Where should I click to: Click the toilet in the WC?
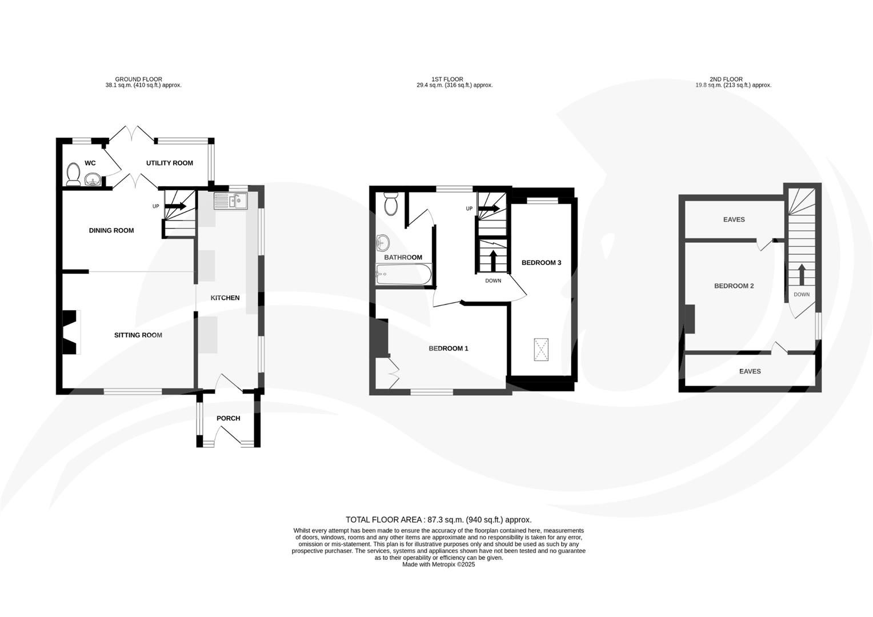pyautogui.click(x=73, y=174)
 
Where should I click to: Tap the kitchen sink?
pyautogui.click(x=230, y=201)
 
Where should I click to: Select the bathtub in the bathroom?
pyautogui.click(x=403, y=275)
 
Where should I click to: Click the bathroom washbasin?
pyautogui.click(x=382, y=243)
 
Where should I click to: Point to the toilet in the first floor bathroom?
pyautogui.click(x=391, y=204)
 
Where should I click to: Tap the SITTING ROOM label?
pyautogui.click(x=138, y=335)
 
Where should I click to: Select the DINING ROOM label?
pyautogui.click(x=111, y=231)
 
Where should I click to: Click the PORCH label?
pyautogui.click(x=228, y=418)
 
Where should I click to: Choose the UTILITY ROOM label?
pyautogui.click(x=170, y=163)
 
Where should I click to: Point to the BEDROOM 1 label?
pyautogui.click(x=448, y=348)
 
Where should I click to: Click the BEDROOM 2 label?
pyautogui.click(x=734, y=286)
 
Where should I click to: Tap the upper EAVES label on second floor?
pyautogui.click(x=734, y=219)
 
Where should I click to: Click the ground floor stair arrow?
pyautogui.click(x=176, y=206)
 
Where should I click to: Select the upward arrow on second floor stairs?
pyautogui.click(x=801, y=274)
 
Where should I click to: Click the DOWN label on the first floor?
pyautogui.click(x=493, y=281)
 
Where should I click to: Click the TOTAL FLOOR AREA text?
pyautogui.click(x=439, y=519)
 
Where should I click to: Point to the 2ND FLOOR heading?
pyautogui.click(x=726, y=79)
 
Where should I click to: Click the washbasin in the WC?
pyautogui.click(x=93, y=181)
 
